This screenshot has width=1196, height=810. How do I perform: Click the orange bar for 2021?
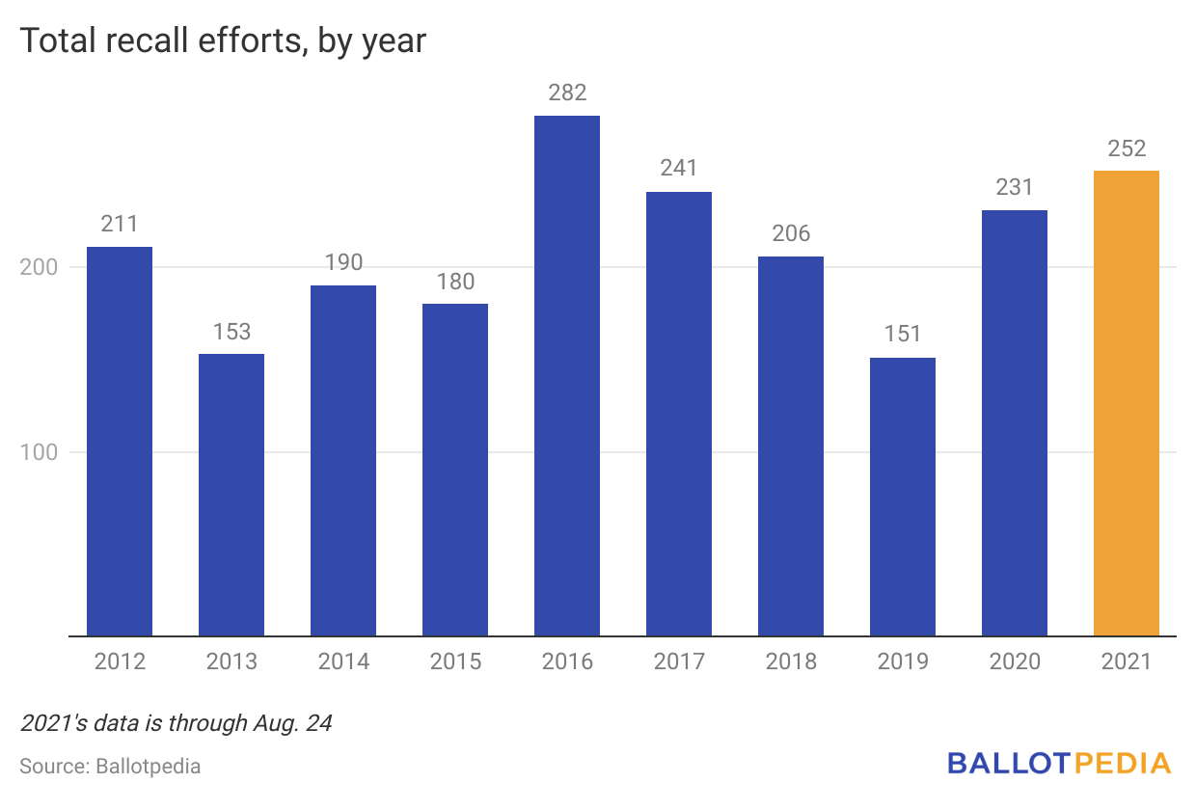(1126, 403)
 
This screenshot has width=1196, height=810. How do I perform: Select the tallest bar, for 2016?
(567, 376)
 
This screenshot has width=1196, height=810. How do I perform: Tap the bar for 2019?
(903, 497)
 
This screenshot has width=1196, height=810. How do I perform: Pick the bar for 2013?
(231, 495)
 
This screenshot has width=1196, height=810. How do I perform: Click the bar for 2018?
(791, 446)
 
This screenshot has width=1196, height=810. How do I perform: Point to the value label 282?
(567, 94)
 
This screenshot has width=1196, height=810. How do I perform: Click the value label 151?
(903, 335)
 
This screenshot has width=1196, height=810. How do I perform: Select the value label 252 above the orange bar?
(1126, 148)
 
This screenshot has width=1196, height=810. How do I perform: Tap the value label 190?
(343, 262)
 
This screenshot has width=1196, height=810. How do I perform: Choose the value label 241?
(679, 169)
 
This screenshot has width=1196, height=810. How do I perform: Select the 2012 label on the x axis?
(120, 661)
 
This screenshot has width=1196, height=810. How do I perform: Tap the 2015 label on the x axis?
(455, 661)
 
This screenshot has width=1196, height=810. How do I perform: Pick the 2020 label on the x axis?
(1015, 661)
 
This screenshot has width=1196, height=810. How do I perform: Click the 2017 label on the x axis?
(679, 661)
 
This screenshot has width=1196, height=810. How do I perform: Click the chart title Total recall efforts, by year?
(222, 41)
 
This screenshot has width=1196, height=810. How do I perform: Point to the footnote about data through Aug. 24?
(176, 723)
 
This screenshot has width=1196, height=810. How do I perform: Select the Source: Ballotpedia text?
(110, 767)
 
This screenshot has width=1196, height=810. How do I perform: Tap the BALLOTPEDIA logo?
(1059, 764)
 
